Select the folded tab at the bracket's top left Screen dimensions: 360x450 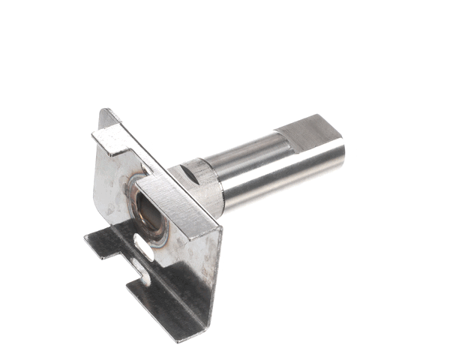point(110,142)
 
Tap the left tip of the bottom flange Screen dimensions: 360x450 point(88,238)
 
